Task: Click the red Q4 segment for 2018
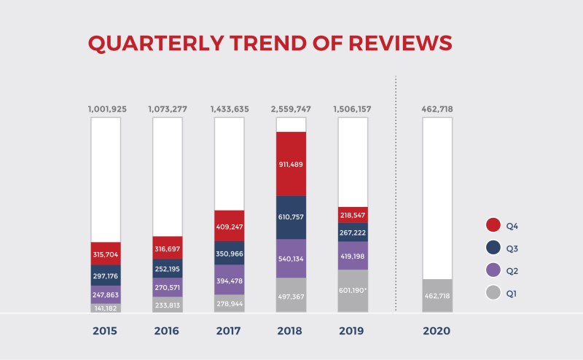[x=291, y=164]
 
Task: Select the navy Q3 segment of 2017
[x=230, y=253]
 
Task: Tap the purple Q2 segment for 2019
[x=353, y=256]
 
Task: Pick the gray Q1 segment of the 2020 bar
[x=437, y=296]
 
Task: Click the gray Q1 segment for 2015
[x=106, y=308]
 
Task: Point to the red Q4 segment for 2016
[x=168, y=248]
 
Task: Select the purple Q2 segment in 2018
[x=291, y=259]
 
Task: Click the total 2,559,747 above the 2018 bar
[x=291, y=109]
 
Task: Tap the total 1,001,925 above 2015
[x=107, y=109]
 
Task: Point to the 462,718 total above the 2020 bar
[x=437, y=109]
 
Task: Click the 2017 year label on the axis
[x=228, y=331]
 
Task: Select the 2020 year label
[x=437, y=331]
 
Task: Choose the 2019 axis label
[x=351, y=331]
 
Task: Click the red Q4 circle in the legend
[x=493, y=225]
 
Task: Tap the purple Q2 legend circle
[x=493, y=270]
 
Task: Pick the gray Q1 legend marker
[x=493, y=293]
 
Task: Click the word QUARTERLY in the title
[x=156, y=43]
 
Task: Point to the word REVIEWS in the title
[x=400, y=43]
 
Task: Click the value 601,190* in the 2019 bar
[x=353, y=290]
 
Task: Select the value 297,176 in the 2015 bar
[x=106, y=276]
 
